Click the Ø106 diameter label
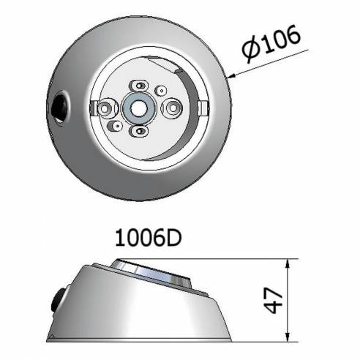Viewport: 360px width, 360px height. pos(271,44)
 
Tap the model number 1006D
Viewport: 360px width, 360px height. pos(149,239)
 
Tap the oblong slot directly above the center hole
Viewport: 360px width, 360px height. pos(139,85)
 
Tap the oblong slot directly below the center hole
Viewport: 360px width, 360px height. pos(140,131)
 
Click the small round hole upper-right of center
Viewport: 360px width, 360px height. pos(161,91)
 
